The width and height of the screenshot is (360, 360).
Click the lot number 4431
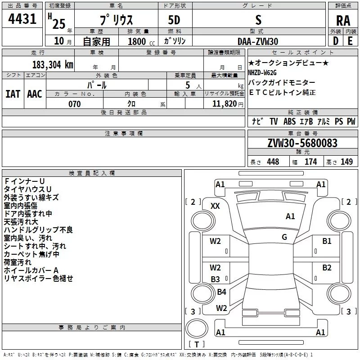coord(22,20)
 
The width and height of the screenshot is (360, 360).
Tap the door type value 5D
coord(174,20)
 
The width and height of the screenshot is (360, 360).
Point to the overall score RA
coord(343,21)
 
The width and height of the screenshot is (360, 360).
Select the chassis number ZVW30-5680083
coord(302,144)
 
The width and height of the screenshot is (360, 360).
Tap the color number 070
coord(74,104)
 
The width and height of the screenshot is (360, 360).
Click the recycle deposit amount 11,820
coord(224,104)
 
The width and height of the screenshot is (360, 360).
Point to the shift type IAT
coord(13,94)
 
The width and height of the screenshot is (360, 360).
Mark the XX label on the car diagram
coord(216,206)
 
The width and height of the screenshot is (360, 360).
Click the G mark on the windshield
coord(284,237)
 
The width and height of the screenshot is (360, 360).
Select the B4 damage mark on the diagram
coord(221,292)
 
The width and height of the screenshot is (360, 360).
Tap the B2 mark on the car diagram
coord(327,267)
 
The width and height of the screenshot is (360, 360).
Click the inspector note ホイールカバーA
coord(31,270)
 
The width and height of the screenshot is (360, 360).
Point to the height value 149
coord(346,162)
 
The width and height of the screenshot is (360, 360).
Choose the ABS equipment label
coord(289,121)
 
